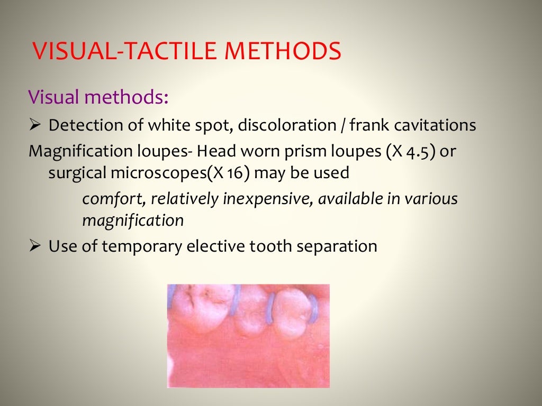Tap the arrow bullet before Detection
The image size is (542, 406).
pyautogui.click(x=34, y=126)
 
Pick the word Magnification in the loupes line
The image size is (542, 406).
pyautogui.click(x=73, y=151)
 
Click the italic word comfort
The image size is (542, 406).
pyautogui.click(x=113, y=199)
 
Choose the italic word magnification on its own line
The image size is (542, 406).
pyautogui.click(x=133, y=220)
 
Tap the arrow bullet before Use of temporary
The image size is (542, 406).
pyautogui.click(x=34, y=246)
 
